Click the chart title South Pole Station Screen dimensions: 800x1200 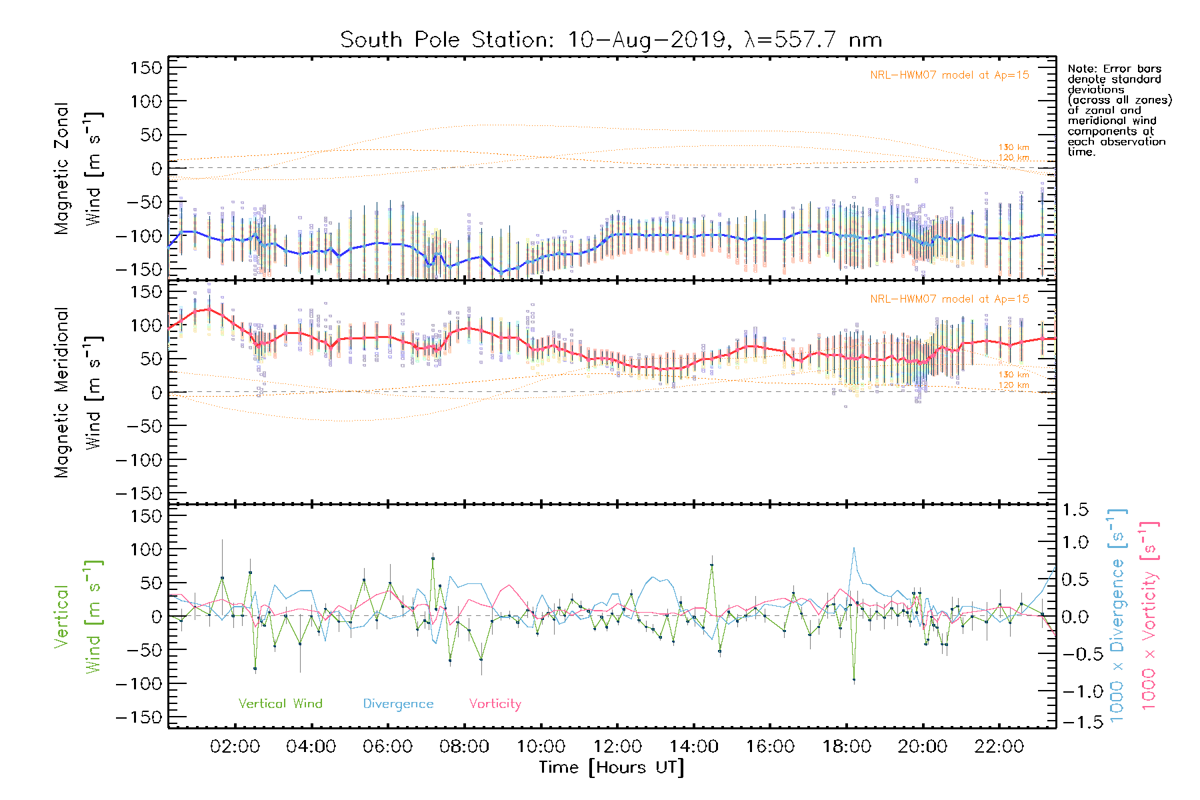[611, 40]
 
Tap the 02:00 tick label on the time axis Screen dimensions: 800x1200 [235, 747]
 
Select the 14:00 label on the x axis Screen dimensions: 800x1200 [693, 747]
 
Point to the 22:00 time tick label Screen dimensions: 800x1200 [999, 747]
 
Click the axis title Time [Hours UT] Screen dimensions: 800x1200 [611, 767]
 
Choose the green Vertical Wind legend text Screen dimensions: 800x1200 [280, 703]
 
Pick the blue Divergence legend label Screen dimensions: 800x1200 [398, 703]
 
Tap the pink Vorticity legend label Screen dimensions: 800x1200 [495, 703]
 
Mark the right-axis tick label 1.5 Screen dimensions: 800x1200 [1075, 510]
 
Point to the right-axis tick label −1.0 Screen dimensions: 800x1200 [1075, 691]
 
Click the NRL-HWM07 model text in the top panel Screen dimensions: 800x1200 [949, 75]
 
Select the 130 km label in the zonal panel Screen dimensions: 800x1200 [1013, 147]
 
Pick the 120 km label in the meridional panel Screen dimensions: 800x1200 [1013, 385]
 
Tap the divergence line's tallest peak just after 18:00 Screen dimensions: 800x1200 [854, 548]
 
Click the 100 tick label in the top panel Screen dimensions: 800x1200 [147, 101]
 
